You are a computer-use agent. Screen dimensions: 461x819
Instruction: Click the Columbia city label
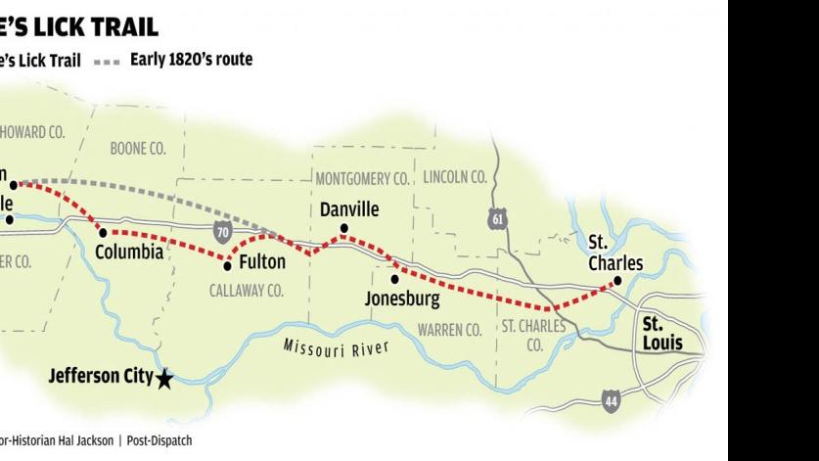pyautogui.click(x=129, y=252)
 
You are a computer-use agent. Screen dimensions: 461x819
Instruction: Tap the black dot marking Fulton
pyautogui.click(x=228, y=264)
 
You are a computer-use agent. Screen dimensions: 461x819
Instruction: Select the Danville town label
pyautogui.click(x=349, y=210)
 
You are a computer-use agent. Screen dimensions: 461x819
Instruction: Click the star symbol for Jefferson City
pyautogui.click(x=164, y=379)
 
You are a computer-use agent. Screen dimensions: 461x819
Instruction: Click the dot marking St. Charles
pyautogui.click(x=617, y=283)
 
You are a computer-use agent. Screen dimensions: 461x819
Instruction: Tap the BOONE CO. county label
pyautogui.click(x=138, y=149)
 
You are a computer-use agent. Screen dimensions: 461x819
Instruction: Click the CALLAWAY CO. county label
pyautogui.click(x=246, y=291)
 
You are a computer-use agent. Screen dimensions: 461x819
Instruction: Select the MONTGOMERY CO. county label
pyautogui.click(x=361, y=178)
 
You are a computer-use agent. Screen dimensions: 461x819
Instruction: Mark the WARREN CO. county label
pyautogui.click(x=450, y=329)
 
